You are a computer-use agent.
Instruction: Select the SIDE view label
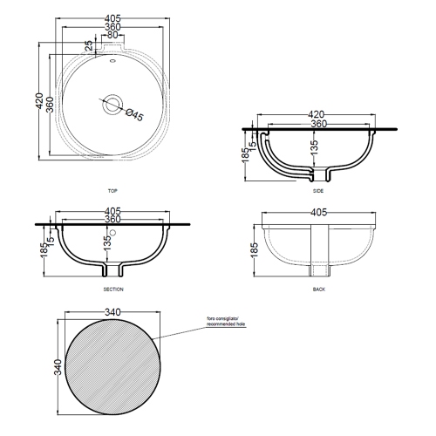tap(318, 190)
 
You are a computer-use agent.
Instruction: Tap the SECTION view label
tap(112, 288)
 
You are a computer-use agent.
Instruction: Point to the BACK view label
tap(318, 288)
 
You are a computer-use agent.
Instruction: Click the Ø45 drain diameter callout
tap(134, 112)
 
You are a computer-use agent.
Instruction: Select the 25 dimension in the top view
tap(89, 45)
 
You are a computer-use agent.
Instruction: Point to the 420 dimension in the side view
tap(318, 113)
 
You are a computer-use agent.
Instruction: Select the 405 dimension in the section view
tap(112, 211)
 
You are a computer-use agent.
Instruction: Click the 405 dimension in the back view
tap(318, 211)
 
